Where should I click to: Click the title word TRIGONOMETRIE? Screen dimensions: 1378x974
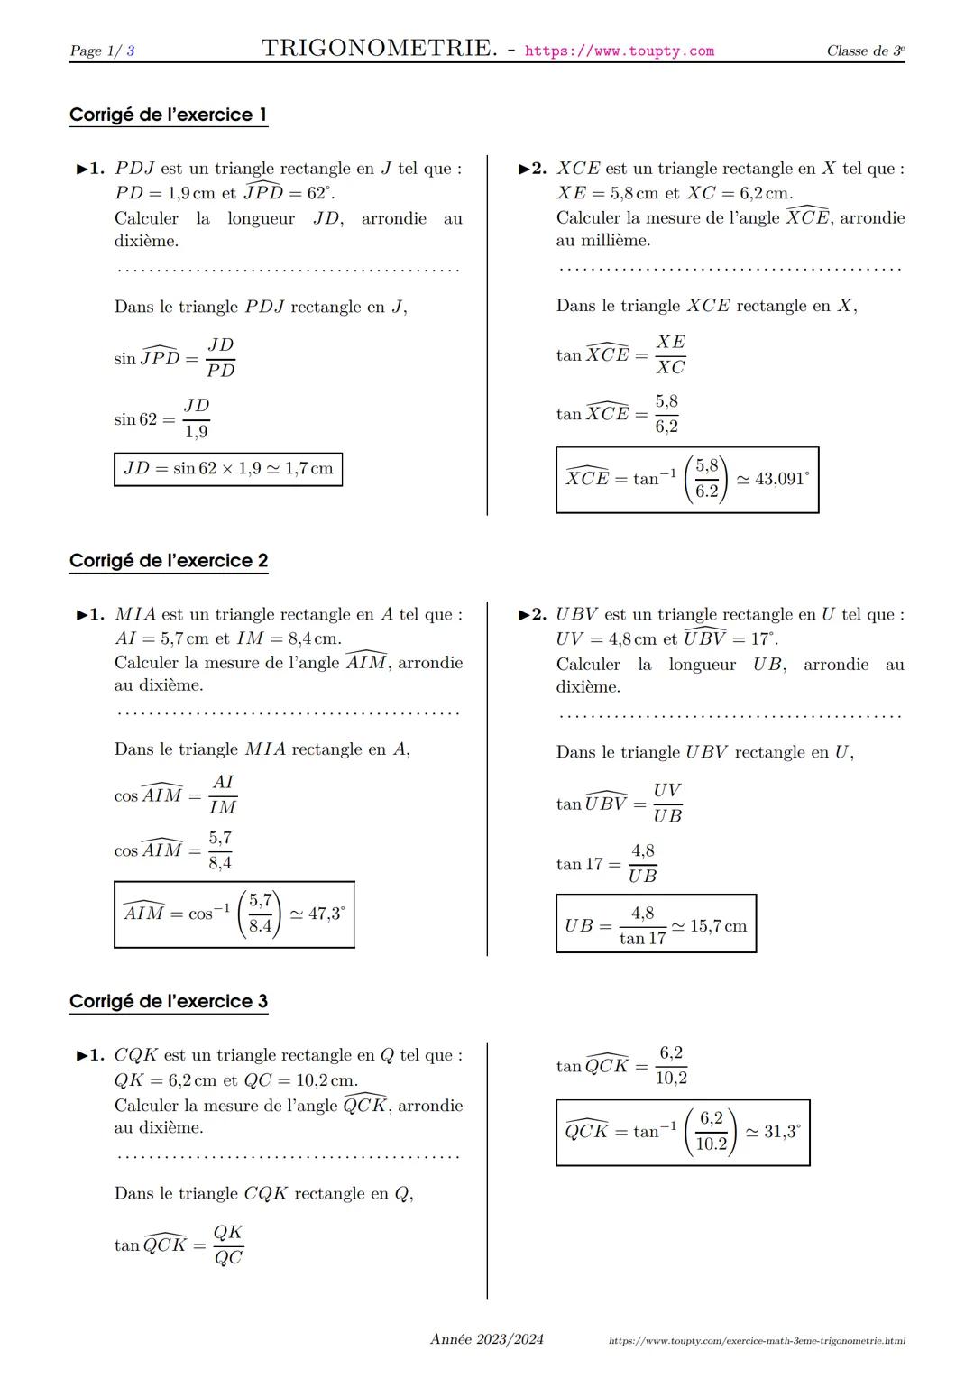[379, 49]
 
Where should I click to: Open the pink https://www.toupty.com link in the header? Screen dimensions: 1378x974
[619, 51]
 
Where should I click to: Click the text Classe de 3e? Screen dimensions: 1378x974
[865, 51]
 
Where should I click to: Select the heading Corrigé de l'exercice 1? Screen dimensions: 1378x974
[168, 115]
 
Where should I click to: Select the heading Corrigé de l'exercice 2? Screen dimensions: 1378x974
[168, 561]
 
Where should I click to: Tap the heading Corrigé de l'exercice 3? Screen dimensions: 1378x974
[168, 1001]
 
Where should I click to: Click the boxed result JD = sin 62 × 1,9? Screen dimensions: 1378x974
[227, 469]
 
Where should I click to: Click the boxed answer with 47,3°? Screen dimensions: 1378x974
[234, 914]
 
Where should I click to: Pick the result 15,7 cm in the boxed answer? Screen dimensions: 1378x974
[718, 926]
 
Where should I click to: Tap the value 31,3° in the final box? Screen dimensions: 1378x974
[781, 1132]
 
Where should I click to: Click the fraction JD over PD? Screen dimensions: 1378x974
[220, 358]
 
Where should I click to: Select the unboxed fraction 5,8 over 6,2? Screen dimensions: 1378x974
[666, 414]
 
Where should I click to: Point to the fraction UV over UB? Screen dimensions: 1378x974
[667, 803]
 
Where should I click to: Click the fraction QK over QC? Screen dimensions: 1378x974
[228, 1245]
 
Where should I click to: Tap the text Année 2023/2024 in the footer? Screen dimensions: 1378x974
[487, 1339]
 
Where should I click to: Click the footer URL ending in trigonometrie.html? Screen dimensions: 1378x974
[757, 1341]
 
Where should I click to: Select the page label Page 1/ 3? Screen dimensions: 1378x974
[102, 51]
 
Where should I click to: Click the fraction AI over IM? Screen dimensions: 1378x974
[223, 795]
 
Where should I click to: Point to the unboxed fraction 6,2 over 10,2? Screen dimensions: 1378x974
[671, 1066]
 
